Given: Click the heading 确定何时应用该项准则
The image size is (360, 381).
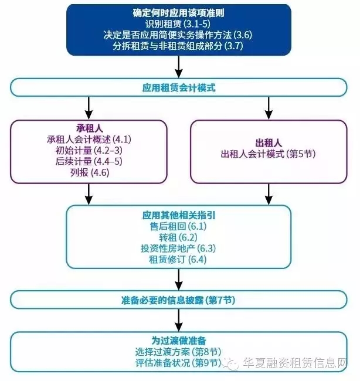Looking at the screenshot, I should coord(179,13).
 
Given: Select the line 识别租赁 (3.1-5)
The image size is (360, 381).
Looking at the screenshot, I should coord(179,25).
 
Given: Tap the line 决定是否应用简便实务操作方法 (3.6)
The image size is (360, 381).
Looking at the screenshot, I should coord(179,36).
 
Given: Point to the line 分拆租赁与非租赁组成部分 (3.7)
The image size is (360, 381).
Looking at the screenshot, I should coord(179,47).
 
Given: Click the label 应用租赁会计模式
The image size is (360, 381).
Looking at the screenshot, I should coord(179,89).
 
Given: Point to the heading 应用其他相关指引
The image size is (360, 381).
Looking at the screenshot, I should coord(179,215).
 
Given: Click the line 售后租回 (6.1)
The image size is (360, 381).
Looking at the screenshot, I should coord(179,226).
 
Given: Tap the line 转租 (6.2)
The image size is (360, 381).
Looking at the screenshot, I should coord(179,237).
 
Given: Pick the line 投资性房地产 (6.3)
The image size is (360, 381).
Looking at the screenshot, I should coord(179,248).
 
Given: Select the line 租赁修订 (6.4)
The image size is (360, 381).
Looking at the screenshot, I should coord(179,259).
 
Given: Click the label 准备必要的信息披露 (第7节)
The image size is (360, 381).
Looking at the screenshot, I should coord(179,300).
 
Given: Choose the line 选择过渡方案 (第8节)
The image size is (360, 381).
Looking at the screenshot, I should coord(179,351).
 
